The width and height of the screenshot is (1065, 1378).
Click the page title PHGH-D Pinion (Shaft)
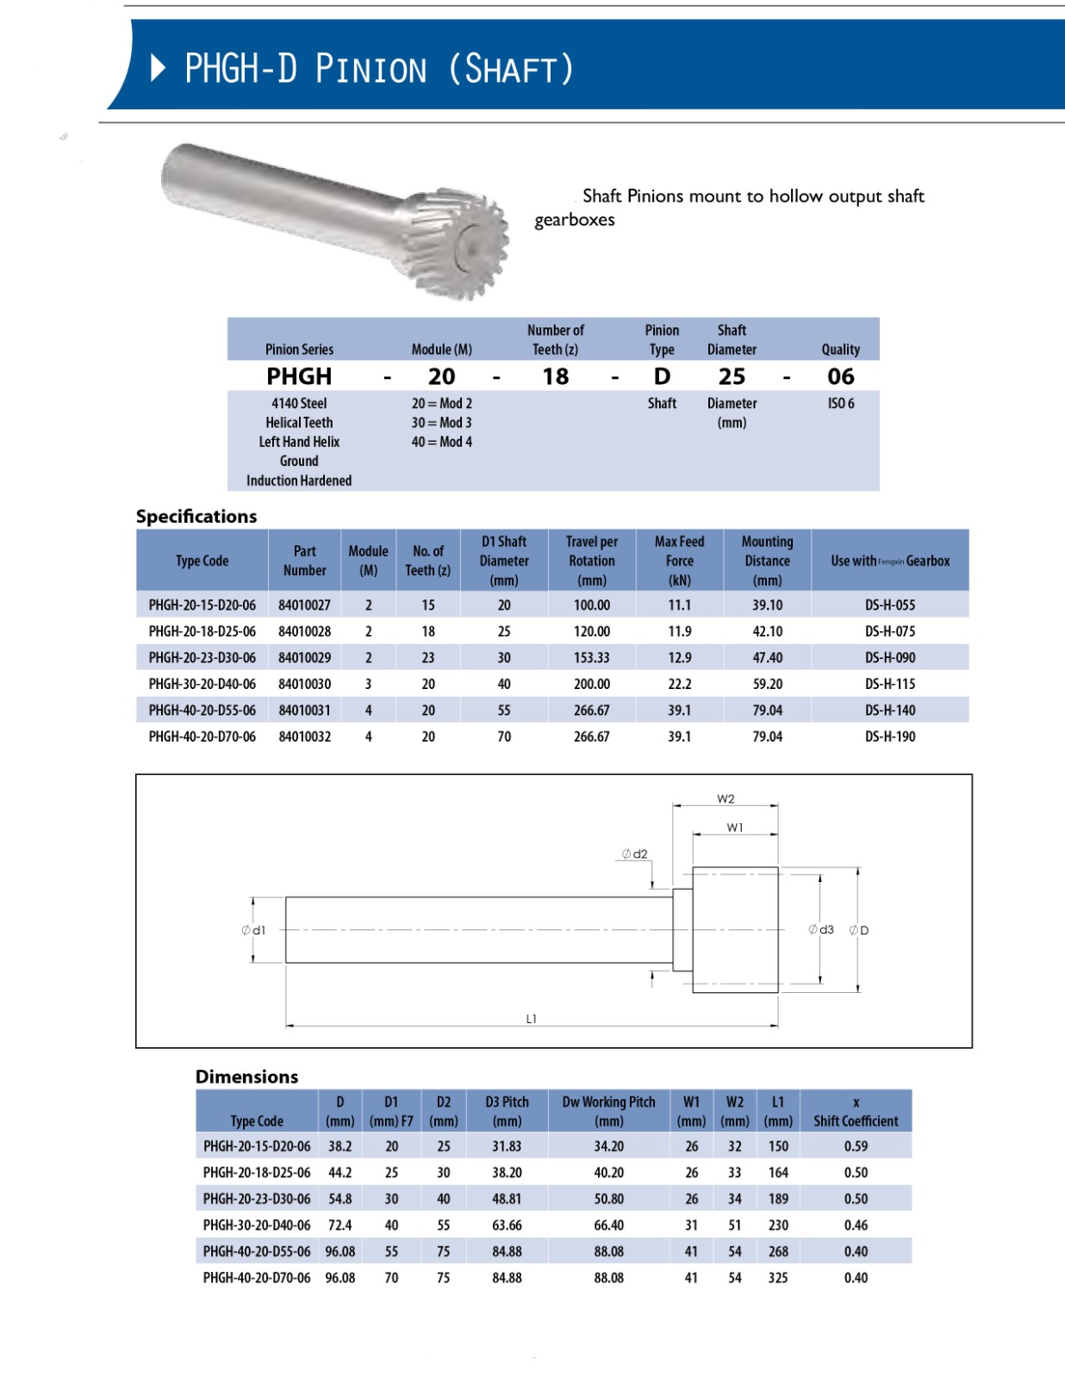(379, 69)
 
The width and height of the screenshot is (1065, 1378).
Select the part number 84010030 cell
(304, 684)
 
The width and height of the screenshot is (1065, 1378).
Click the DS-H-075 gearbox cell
(890, 631)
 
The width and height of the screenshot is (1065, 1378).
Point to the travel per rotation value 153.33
(592, 658)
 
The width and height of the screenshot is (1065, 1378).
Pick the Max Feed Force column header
(679, 561)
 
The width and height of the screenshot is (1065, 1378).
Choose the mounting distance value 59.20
(767, 684)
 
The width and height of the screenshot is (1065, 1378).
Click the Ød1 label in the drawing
(254, 930)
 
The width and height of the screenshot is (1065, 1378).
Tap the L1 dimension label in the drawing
(532, 1019)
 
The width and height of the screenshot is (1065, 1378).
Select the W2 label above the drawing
(726, 799)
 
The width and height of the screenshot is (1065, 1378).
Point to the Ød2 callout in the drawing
(635, 854)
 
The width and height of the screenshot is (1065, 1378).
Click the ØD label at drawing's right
(859, 930)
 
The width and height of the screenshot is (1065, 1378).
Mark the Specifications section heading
(196, 517)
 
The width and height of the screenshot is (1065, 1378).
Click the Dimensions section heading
(246, 1077)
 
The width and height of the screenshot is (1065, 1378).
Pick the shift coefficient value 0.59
(856, 1146)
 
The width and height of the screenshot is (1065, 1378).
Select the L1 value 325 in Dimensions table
(778, 1278)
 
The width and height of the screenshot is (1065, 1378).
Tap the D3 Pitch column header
(507, 1111)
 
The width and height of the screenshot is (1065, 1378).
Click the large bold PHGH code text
(299, 376)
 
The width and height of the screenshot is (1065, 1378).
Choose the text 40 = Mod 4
(441, 442)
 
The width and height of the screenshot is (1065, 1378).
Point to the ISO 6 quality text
(840, 403)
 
